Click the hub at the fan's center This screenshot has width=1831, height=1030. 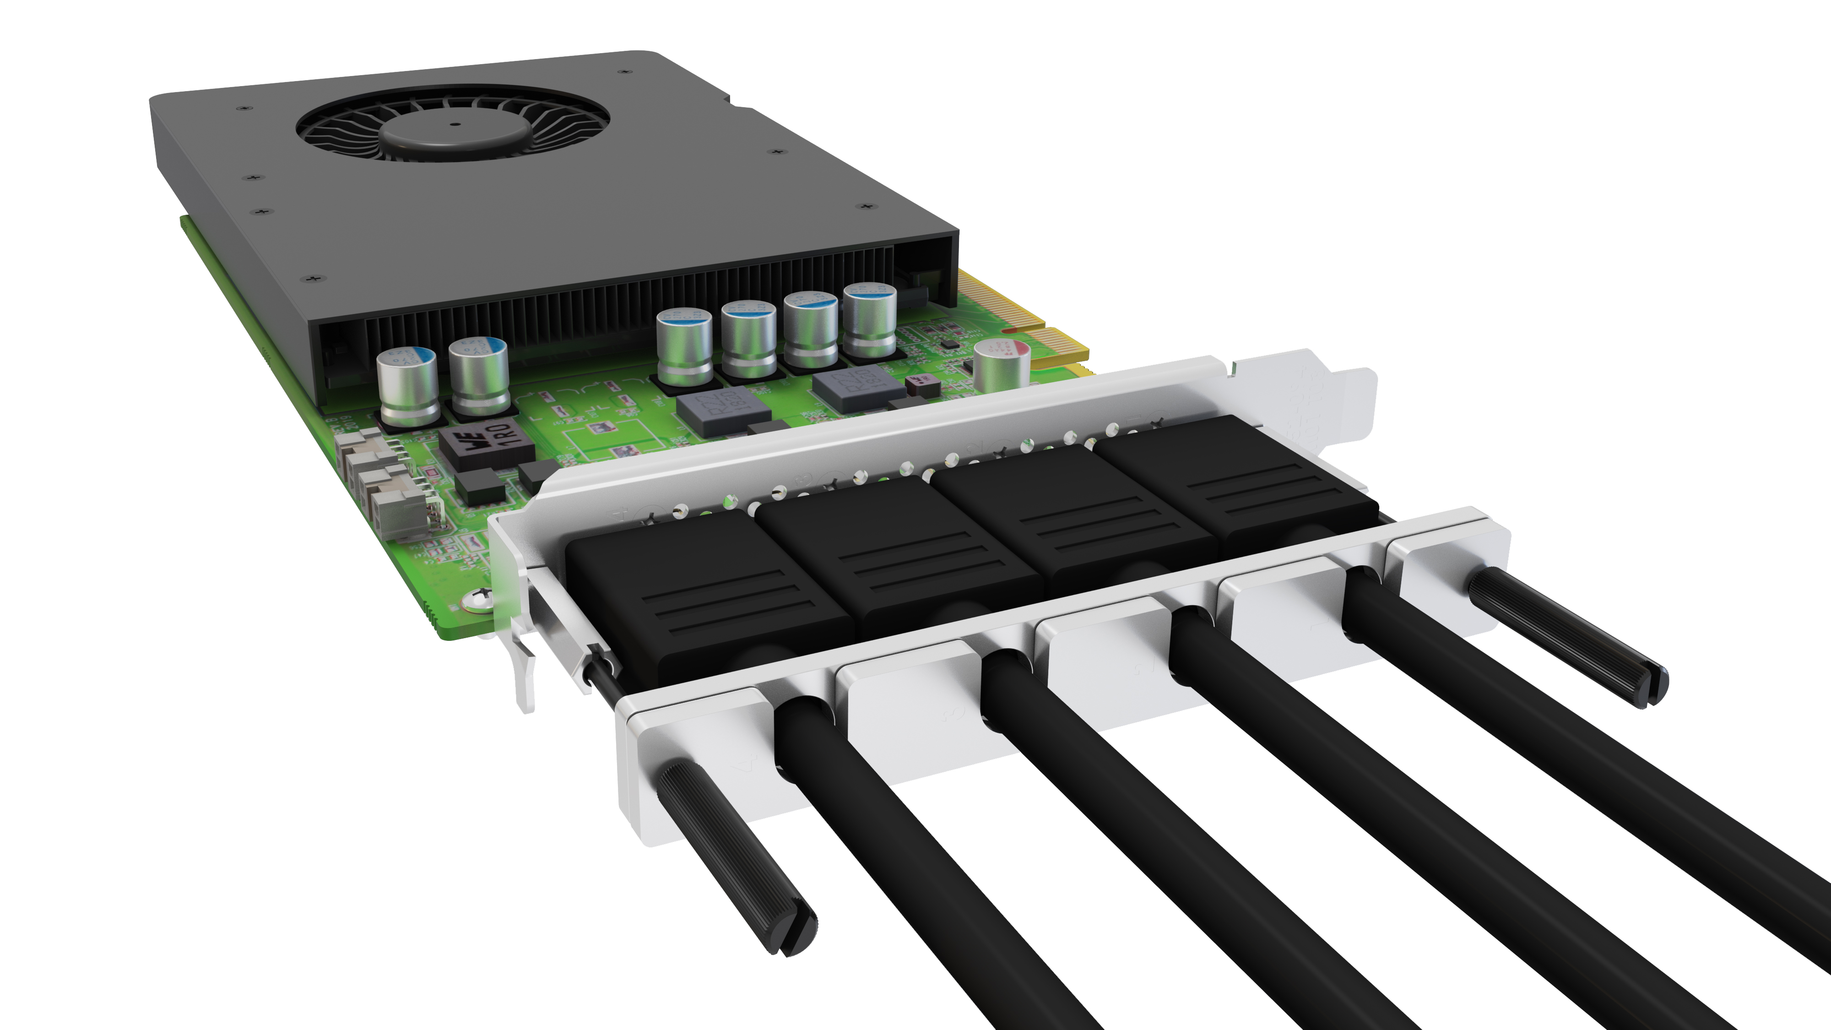pyautogui.click(x=455, y=126)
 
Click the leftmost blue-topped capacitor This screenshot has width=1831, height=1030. pyautogui.click(x=406, y=385)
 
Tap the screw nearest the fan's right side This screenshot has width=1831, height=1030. pyautogui.click(x=778, y=152)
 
